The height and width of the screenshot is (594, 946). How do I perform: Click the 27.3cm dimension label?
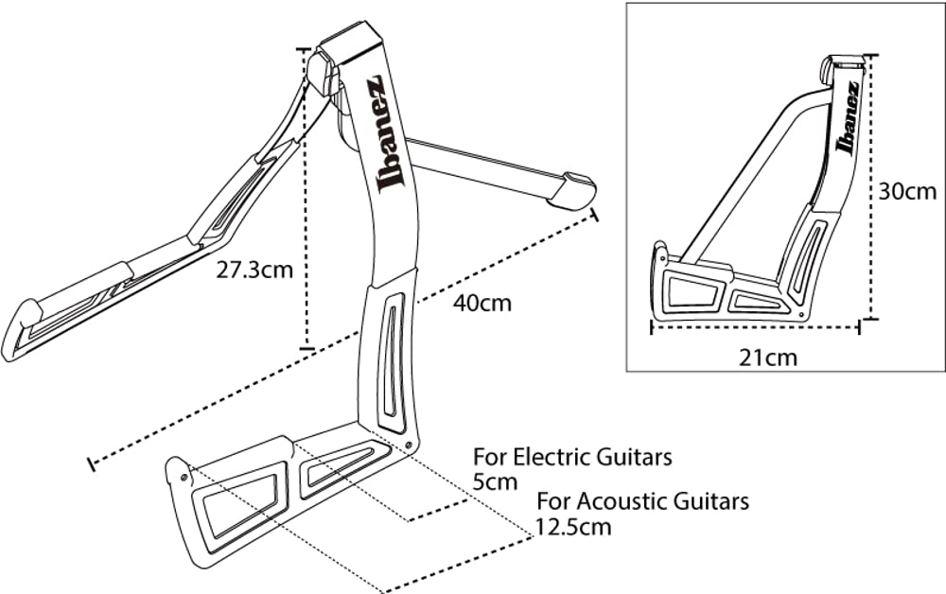click(x=254, y=270)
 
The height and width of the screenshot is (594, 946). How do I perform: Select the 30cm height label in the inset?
click(x=905, y=191)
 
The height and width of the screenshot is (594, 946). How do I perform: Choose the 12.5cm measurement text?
click(x=573, y=526)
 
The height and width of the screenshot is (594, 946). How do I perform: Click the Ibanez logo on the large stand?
click(x=387, y=133)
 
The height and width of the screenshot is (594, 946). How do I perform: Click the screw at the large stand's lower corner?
click(x=408, y=445)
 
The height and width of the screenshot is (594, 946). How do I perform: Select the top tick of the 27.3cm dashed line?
click(x=304, y=49)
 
